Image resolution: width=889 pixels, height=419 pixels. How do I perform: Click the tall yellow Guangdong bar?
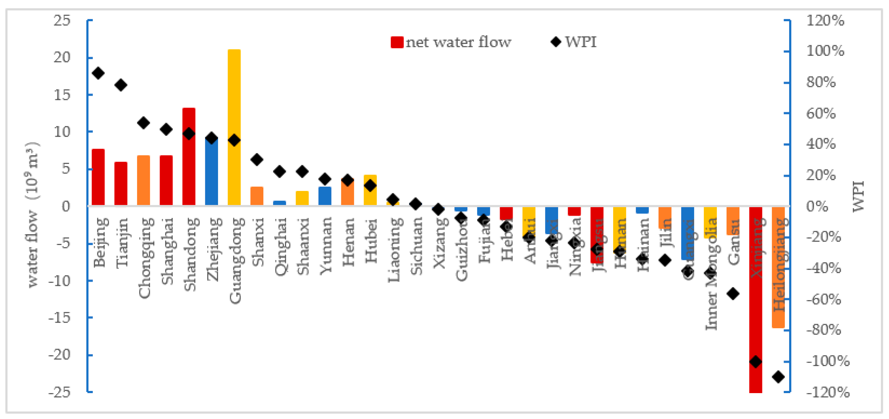[234, 104]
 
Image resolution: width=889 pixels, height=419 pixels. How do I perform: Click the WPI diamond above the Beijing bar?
[98, 73]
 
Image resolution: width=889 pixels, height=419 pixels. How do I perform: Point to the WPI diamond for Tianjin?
[121, 85]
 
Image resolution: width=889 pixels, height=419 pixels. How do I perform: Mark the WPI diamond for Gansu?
[733, 294]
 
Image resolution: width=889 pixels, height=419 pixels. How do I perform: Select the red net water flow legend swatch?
[397, 42]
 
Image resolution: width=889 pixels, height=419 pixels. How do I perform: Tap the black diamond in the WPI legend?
[556, 42]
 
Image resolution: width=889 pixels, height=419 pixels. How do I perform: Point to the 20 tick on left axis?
[62, 57]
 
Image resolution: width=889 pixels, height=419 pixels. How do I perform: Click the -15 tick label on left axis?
[59, 317]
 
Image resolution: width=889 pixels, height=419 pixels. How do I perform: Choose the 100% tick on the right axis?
[825, 51]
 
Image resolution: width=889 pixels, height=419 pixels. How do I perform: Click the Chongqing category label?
[144, 257]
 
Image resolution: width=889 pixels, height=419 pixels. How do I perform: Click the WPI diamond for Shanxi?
[257, 160]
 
